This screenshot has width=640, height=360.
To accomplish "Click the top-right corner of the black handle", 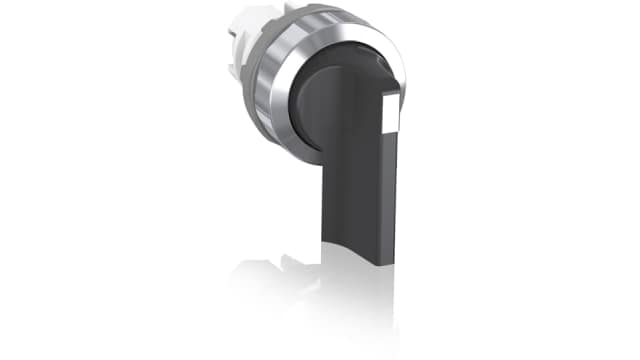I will (x=399, y=95).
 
